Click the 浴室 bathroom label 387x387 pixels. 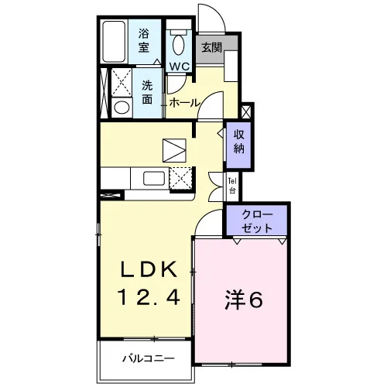coord(144,41)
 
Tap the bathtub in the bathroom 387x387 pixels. coord(114,42)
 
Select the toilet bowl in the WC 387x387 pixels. coord(178,43)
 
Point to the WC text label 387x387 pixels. coord(180,67)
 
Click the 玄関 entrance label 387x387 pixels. coord(211,47)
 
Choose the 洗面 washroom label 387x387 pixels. coord(147,92)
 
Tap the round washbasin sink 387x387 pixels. coord(122,108)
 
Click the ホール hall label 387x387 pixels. coord(185,103)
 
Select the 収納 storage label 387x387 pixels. coord(238,142)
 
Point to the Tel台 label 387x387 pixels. coord(232,186)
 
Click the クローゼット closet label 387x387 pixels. coord(257,221)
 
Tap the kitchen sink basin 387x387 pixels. coord(154,178)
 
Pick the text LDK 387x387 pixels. coord(149,269)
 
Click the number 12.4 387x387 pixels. coord(149,296)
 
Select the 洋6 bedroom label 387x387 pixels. coord(244,300)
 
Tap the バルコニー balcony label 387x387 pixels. coord(149,358)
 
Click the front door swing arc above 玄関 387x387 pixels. coord(217,13)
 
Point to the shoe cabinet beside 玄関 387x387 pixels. coord(231,67)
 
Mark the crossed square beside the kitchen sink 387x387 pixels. coord(180,178)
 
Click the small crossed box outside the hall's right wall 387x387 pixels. coord(246,111)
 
